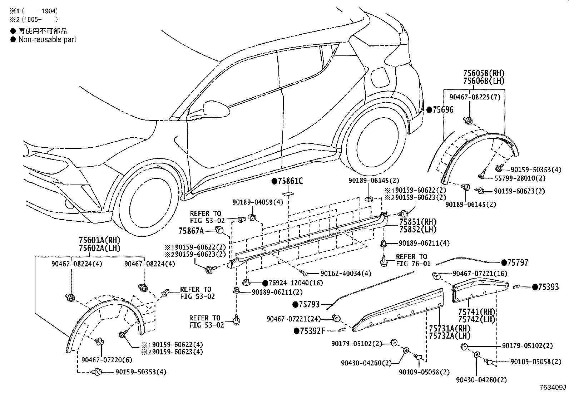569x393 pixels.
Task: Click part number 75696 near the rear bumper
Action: point(443,110)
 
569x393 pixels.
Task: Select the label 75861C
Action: point(290,181)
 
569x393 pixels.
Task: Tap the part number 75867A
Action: point(191,231)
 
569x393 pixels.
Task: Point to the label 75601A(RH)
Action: point(100,240)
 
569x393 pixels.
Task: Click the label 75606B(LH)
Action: point(484,81)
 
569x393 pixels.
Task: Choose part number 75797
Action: point(518,262)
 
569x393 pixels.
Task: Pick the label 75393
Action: point(549,287)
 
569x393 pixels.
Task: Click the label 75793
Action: point(309,304)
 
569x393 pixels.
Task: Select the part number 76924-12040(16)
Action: point(296,283)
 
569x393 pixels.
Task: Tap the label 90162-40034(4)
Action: point(346,274)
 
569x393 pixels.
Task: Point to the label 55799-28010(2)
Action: point(520,178)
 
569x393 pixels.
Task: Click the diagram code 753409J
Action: point(553,387)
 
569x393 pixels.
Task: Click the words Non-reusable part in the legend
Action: point(47,39)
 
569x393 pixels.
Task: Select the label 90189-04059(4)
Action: point(258,202)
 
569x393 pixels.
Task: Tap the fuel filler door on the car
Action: point(380,78)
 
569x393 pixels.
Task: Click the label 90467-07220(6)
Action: point(107,360)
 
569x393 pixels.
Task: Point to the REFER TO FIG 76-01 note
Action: point(413,260)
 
